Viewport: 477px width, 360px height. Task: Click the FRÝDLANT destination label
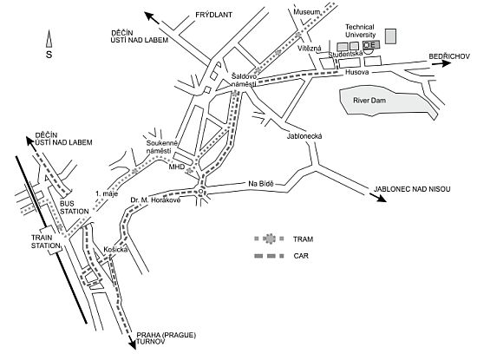[x=213, y=15]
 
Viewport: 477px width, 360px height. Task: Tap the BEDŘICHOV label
[x=449, y=56]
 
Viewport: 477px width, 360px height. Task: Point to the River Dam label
[x=369, y=101]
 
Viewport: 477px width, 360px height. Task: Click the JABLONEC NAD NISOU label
[x=412, y=189]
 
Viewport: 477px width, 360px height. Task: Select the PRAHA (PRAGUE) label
[x=167, y=335]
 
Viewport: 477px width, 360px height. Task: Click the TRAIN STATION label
[x=46, y=241]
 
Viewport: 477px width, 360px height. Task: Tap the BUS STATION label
[x=75, y=207]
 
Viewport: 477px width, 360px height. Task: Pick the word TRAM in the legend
[x=303, y=239]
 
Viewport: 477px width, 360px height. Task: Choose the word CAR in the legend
[x=301, y=256]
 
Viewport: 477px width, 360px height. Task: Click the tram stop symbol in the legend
[x=269, y=239]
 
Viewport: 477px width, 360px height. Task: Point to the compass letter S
[x=49, y=55]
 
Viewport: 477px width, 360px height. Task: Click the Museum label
[x=307, y=12]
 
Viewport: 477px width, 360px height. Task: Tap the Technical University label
[x=360, y=30]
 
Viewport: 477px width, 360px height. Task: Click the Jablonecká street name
[x=304, y=136]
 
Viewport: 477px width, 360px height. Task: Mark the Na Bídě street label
[x=261, y=184]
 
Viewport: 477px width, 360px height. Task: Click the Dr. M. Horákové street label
[x=155, y=200]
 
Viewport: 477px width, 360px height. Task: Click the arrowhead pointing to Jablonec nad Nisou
[x=382, y=198]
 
